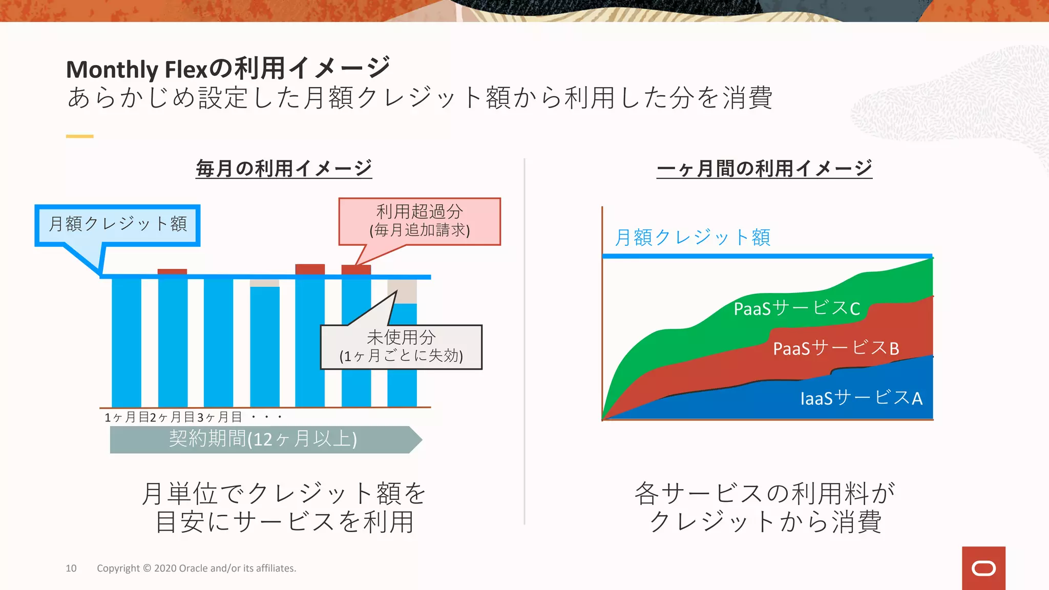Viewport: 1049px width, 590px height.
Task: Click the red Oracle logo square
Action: [x=983, y=568]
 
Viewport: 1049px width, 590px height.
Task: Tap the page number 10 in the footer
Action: [x=71, y=568]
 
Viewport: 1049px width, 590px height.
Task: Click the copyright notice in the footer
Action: [x=196, y=568]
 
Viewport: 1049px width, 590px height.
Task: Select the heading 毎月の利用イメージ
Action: [x=284, y=168]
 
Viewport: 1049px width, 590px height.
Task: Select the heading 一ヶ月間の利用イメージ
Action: [x=764, y=168]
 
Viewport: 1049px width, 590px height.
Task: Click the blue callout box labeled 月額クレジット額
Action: [x=118, y=224]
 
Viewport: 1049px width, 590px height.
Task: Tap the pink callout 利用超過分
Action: [x=419, y=221]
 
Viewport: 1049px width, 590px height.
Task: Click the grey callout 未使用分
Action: [x=401, y=347]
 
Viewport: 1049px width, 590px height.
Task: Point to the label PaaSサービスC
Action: [x=796, y=308]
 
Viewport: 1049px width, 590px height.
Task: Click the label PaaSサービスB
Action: [x=836, y=348]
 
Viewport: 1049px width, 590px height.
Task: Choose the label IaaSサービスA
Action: [x=861, y=398]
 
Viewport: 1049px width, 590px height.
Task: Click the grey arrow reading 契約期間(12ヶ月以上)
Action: [x=263, y=439]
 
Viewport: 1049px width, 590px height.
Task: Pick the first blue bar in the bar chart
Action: [x=127, y=342]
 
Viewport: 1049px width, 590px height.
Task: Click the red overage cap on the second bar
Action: [x=172, y=271]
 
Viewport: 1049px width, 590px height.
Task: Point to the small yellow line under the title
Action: [x=79, y=136]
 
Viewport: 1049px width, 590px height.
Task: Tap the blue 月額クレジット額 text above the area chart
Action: [x=693, y=238]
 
